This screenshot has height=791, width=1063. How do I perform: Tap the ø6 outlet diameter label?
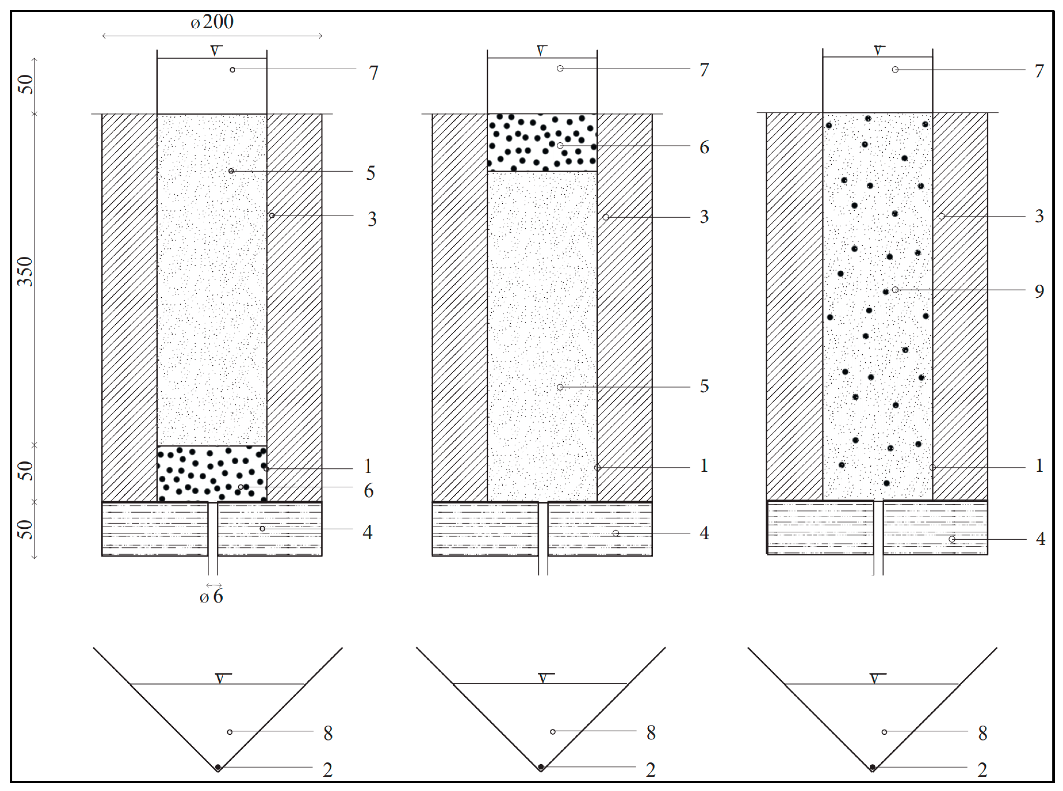coord(211,597)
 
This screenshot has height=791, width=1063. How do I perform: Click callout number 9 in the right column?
coord(1039,291)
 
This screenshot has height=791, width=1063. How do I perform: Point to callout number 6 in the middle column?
coord(704,148)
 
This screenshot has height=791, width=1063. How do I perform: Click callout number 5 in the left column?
coord(371,173)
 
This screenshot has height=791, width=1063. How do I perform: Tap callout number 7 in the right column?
coord(1039,71)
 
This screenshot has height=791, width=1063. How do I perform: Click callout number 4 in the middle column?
coord(704,533)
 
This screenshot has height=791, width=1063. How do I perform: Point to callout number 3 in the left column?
coord(372,219)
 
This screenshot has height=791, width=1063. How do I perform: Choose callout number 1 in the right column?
coord(1039,466)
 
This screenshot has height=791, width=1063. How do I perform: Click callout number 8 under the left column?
coord(328,733)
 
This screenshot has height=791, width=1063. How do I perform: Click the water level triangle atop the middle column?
coord(541,51)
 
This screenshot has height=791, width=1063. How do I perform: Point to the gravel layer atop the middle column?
coord(542,142)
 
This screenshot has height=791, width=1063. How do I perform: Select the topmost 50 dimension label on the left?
coord(26,85)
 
